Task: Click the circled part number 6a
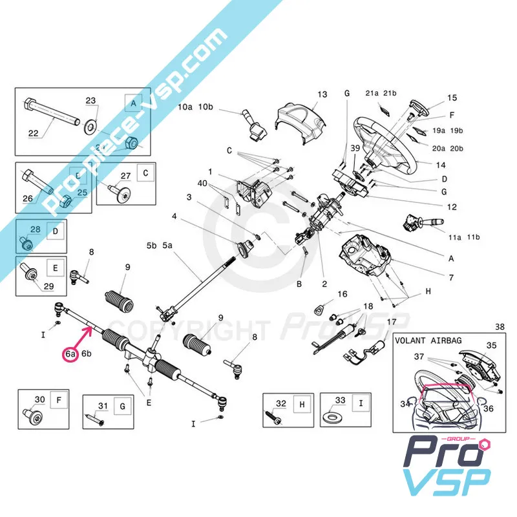coord(70,353)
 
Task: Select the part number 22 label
coord(34,134)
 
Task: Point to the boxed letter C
coord(145,173)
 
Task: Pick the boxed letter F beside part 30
coord(59,400)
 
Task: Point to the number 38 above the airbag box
coord(498,327)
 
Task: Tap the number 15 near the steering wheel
coord(452,98)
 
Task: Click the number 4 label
coord(174,215)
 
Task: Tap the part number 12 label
coord(452,207)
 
